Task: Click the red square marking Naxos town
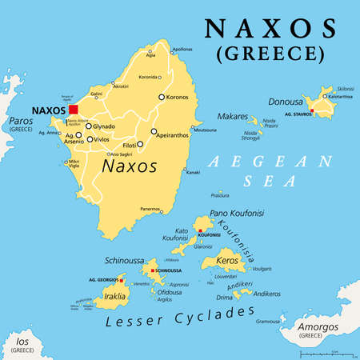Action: pyautogui.click(x=73, y=110)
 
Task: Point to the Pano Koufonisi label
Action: pyautogui.click(x=237, y=213)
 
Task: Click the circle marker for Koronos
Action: pyautogui.click(x=162, y=98)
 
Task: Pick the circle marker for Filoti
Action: pyautogui.click(x=140, y=145)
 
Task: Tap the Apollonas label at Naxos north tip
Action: pyautogui.click(x=182, y=49)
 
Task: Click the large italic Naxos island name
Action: pyautogui.click(x=127, y=166)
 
